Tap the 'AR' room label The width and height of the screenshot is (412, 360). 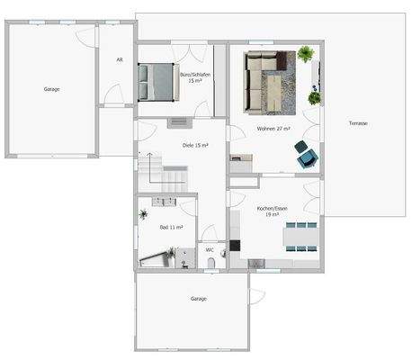coord(119,59)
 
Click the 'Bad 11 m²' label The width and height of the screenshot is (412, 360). coord(171,228)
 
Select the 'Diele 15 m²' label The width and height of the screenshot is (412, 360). coord(195,145)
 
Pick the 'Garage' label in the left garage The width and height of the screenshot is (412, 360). coord(51,89)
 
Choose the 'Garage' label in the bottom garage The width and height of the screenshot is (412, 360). coord(199,298)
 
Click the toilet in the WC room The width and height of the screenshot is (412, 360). coord(210,263)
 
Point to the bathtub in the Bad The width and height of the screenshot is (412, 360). coord(158,261)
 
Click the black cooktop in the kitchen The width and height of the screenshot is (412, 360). coord(234,244)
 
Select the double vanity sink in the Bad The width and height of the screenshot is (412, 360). coord(164,202)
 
